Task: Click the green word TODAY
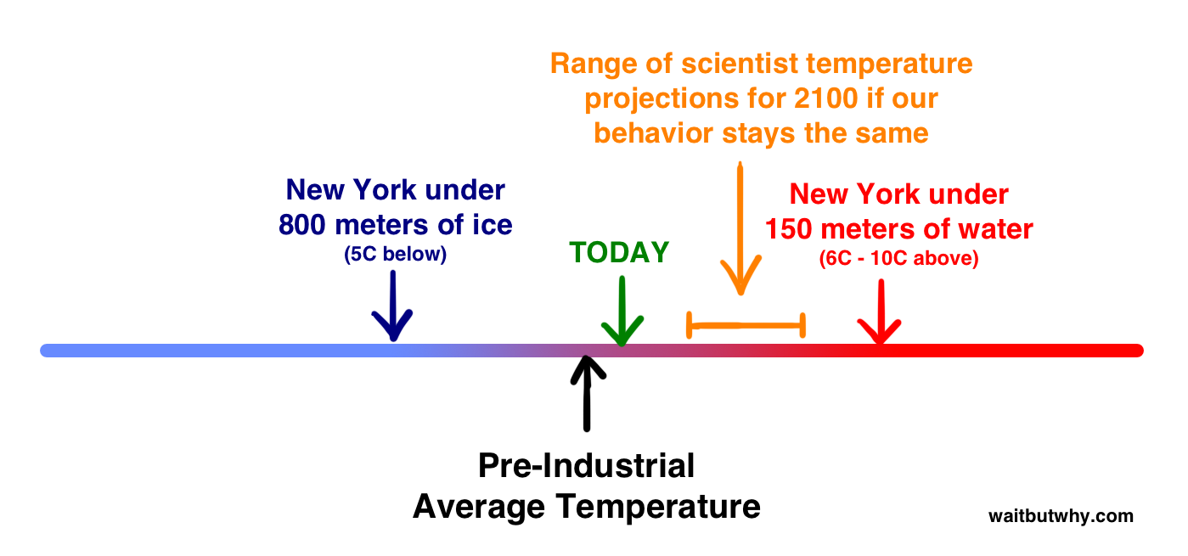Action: [619, 252]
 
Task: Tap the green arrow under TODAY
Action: [622, 312]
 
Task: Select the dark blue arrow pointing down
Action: [392, 306]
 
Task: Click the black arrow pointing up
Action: [587, 393]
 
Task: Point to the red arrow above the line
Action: [881, 312]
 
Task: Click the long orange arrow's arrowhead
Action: [741, 276]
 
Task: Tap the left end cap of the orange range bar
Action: [690, 325]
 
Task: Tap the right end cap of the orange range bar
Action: [803, 325]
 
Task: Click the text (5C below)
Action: [395, 254]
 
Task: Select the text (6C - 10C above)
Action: [899, 258]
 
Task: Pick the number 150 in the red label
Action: [789, 229]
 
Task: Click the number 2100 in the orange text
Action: [825, 98]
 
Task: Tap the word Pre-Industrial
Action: [586, 466]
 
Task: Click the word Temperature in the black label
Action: [658, 508]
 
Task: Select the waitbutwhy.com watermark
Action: [1061, 516]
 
